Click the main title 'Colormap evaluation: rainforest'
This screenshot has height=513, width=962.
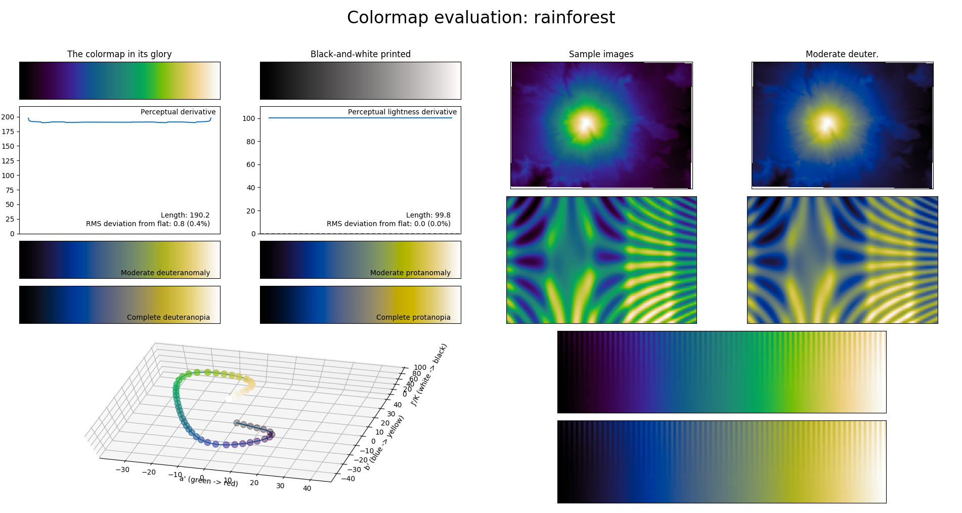point(480,18)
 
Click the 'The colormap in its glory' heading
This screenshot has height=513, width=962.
point(119,54)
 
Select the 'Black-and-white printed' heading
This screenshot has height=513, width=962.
point(360,54)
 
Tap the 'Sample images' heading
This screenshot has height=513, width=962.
point(601,54)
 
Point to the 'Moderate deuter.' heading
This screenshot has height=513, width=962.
point(842,54)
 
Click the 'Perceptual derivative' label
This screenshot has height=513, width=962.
point(178,112)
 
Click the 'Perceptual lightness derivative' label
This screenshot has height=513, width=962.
point(402,112)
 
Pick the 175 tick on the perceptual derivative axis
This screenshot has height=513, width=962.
point(8,132)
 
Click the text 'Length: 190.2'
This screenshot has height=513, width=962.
point(185,215)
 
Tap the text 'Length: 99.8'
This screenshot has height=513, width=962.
point(428,215)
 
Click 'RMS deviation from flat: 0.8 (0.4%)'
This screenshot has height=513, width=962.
point(148,224)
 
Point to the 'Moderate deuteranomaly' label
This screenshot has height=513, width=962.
point(165,273)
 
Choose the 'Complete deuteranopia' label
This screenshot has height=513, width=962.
point(168,317)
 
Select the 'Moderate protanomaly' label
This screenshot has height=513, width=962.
point(410,273)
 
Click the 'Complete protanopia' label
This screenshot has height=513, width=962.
point(413,317)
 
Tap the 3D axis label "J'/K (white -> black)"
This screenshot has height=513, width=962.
point(429,375)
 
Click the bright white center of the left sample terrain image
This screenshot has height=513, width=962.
point(586,123)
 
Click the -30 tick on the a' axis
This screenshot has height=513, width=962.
point(122,469)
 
